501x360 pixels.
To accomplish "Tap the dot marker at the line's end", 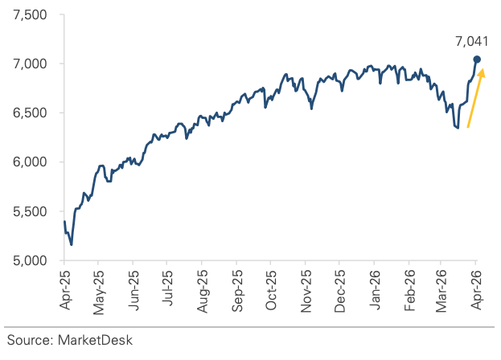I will point(477,59).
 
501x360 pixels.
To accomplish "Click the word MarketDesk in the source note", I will point(95,341).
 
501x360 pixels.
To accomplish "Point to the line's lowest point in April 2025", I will point(71,244).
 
